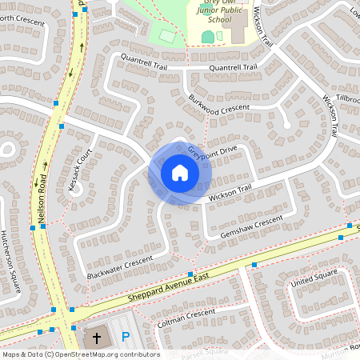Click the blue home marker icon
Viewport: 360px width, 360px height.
click(x=179, y=173)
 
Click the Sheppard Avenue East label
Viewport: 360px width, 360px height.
click(x=168, y=290)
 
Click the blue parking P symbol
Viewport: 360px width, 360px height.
click(x=125, y=339)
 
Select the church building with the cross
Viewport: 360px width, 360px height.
click(x=98, y=338)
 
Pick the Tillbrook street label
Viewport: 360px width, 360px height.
click(x=349, y=97)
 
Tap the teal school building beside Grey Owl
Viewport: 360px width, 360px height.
click(x=208, y=37)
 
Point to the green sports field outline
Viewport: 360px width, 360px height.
click(x=167, y=36)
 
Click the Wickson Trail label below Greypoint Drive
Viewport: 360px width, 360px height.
click(x=230, y=192)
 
